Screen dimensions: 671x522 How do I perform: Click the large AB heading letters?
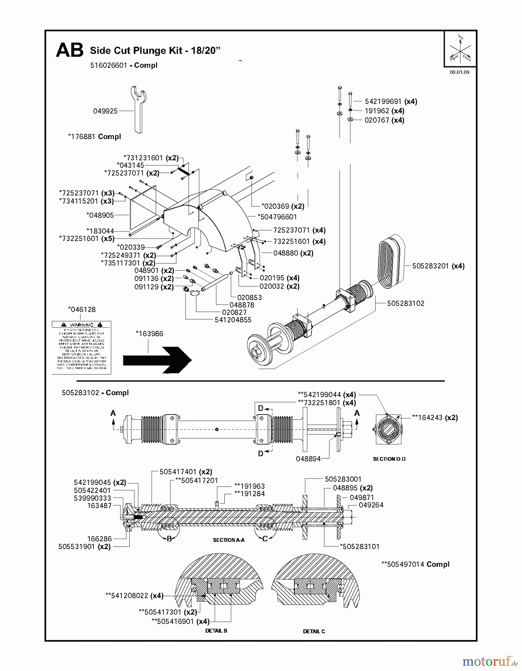pyautogui.click(x=69, y=50)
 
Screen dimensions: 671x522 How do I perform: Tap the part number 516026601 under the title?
pyautogui.click(x=108, y=65)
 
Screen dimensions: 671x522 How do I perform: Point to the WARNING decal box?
pyautogui.click(x=82, y=347)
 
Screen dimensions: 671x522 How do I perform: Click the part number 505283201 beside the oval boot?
pyautogui.click(x=431, y=266)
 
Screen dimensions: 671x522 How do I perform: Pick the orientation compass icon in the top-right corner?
pyautogui.click(x=460, y=49)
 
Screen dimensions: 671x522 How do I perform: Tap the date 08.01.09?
pyautogui.click(x=459, y=72)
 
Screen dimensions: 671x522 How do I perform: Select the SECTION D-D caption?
pyautogui.click(x=389, y=459)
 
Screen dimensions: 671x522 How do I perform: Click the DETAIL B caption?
pyautogui.click(x=216, y=631)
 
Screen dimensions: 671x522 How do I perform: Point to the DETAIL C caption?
pyautogui.click(x=314, y=631)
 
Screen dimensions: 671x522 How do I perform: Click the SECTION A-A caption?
pyautogui.click(x=228, y=540)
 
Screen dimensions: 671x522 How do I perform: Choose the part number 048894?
pyautogui.click(x=308, y=459)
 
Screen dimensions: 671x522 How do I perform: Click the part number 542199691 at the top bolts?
pyautogui.click(x=383, y=101)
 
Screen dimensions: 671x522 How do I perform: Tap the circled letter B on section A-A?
pyautogui.click(x=169, y=539)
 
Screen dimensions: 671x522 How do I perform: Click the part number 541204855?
pyautogui.click(x=233, y=320)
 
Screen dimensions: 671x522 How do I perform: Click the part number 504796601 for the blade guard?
pyautogui.click(x=279, y=217)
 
